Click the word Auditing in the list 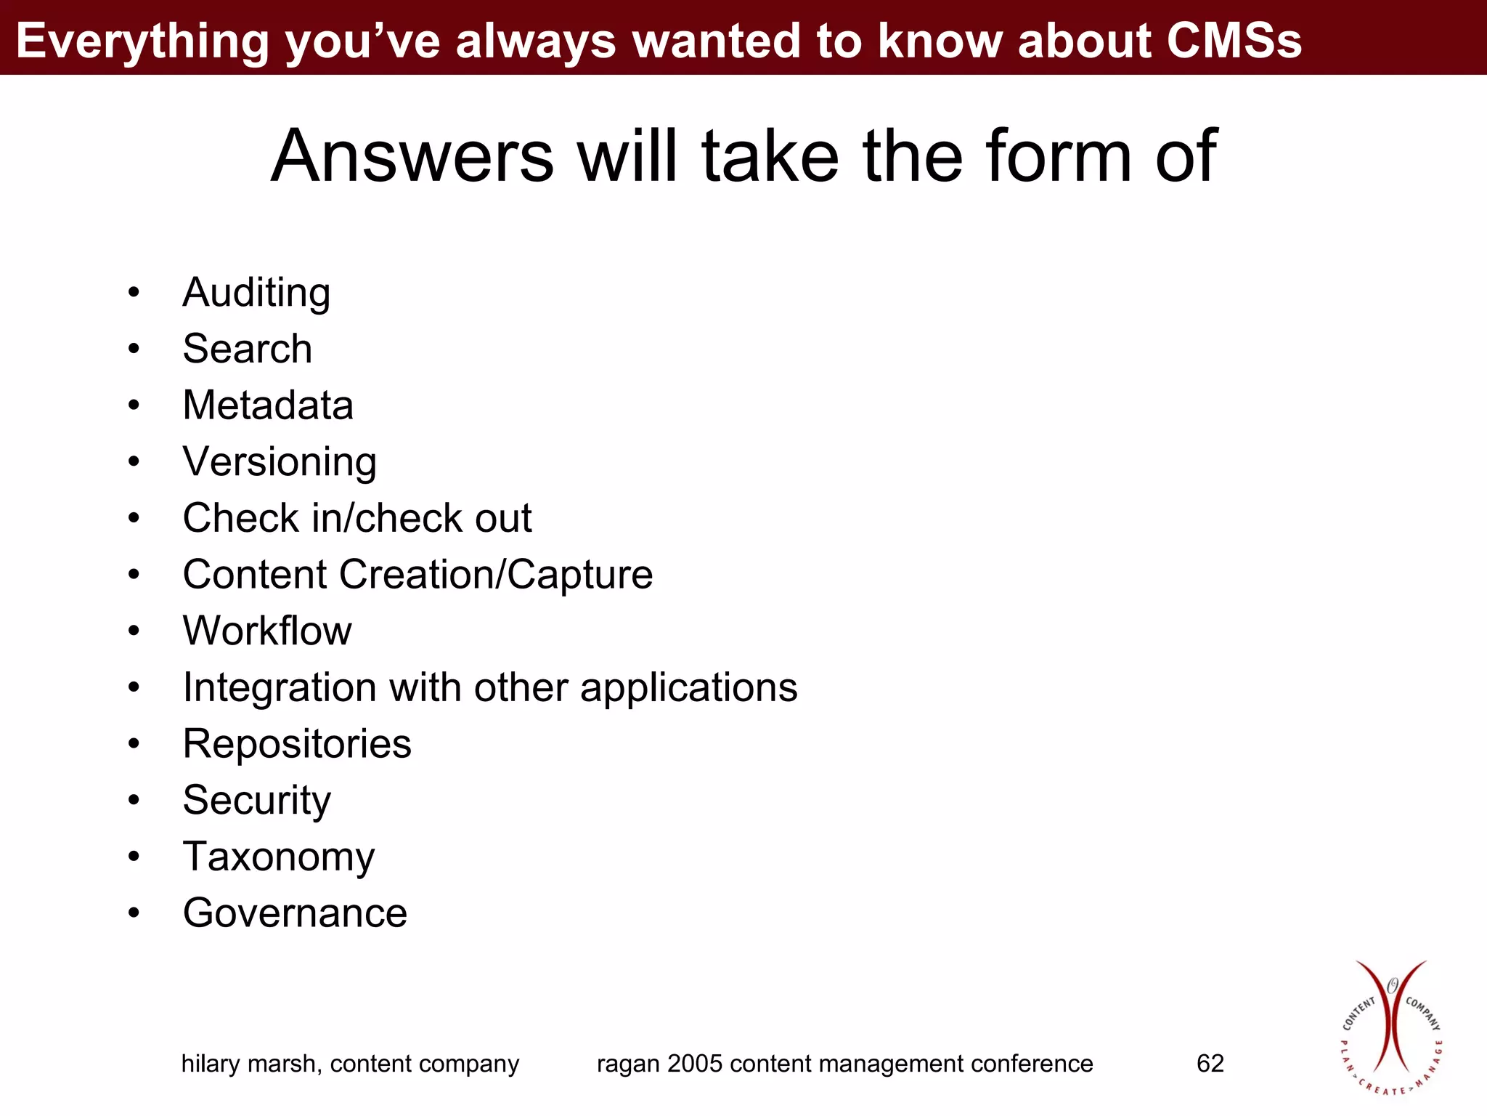point(256,293)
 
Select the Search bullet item point(247,349)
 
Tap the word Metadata point(268,405)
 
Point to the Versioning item point(280,462)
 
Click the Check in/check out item point(357,518)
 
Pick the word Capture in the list point(579,575)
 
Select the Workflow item point(267,631)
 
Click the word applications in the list point(688,687)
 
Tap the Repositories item point(297,744)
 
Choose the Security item point(256,801)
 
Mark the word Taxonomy point(279,857)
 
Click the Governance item point(295,913)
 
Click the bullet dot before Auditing point(134,294)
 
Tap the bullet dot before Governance point(134,913)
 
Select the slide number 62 point(1210,1064)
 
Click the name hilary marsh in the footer point(250,1064)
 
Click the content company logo point(1391,1027)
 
